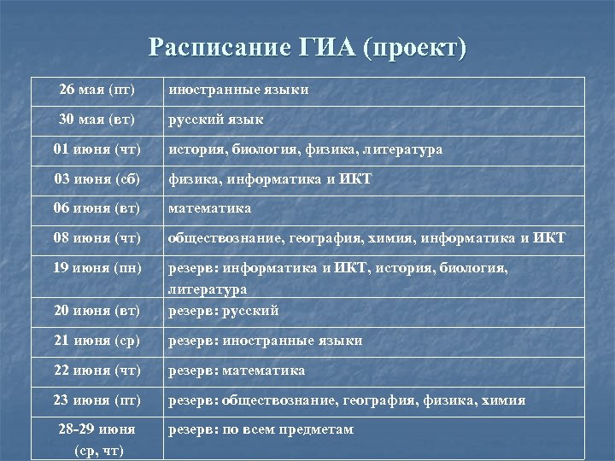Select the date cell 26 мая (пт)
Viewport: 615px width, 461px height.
tap(97, 90)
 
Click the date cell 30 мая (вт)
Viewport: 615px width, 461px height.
tap(97, 120)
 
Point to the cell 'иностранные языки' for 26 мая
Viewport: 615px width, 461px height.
tap(238, 90)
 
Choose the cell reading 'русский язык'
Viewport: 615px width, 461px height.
tap(215, 120)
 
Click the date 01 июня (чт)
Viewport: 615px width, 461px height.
tap(97, 149)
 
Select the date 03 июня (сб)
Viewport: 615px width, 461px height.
tap(97, 179)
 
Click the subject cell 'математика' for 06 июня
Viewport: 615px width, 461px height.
tap(209, 208)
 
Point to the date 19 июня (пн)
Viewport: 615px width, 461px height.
tap(97, 268)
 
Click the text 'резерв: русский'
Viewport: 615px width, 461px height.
tap(223, 311)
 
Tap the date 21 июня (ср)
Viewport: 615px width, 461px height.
tap(97, 341)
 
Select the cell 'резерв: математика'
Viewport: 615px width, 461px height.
tap(237, 371)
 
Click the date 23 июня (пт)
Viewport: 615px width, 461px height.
tap(97, 400)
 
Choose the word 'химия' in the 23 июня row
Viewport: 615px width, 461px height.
tap(505, 400)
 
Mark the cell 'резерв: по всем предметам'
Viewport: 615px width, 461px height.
tap(261, 429)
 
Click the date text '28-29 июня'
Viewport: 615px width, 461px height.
tap(97, 429)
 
